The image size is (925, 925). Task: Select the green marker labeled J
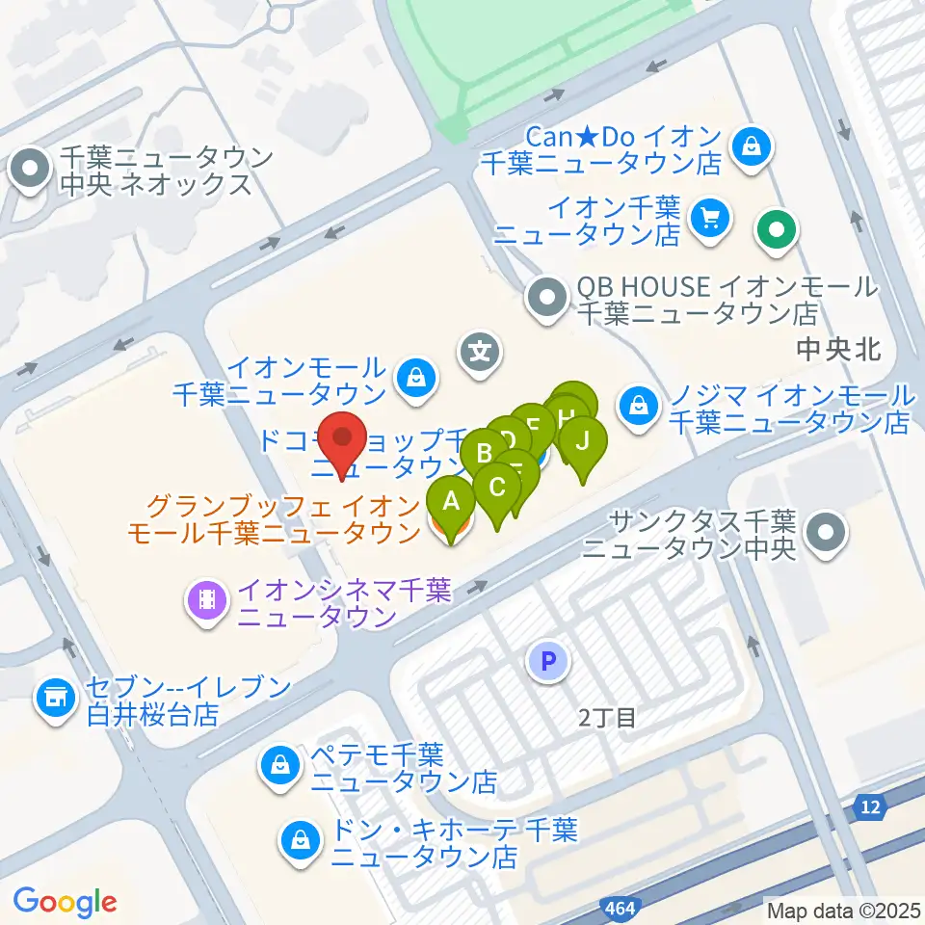(x=582, y=444)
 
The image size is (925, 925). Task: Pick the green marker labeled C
(x=497, y=488)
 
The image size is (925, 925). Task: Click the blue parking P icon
(x=548, y=662)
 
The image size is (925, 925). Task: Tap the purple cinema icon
(x=207, y=601)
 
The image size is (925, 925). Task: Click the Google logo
(x=65, y=902)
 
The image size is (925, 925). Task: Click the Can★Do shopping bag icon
(x=749, y=147)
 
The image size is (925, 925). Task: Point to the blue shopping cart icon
(x=711, y=219)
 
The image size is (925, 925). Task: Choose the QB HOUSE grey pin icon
(x=548, y=300)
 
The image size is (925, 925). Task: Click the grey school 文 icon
(x=481, y=351)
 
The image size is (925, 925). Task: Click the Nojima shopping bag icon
(x=638, y=407)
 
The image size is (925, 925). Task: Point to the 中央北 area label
(x=839, y=349)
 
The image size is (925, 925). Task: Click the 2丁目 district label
(x=607, y=717)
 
